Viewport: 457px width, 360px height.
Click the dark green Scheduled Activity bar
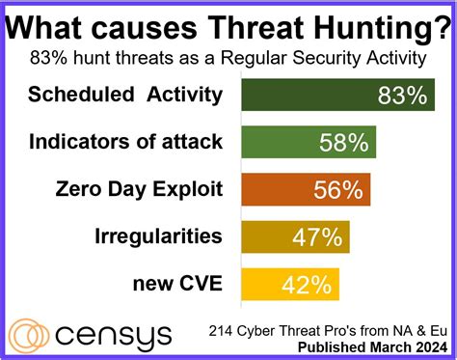pyautogui.click(x=337, y=96)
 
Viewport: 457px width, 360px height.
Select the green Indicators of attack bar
pyautogui.click(x=308, y=143)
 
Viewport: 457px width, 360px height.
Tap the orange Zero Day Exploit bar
pyautogui.click(x=305, y=190)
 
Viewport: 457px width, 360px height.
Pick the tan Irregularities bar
pyautogui.click(x=294, y=237)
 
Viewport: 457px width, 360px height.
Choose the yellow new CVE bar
pyautogui.click(x=289, y=284)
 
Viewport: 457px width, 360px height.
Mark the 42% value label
pyautogui.click(x=308, y=285)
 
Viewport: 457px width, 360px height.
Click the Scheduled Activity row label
pyautogui.click(x=125, y=95)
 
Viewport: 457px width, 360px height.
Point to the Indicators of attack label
pyautogui.click(x=125, y=142)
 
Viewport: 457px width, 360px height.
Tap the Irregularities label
pyautogui.click(x=159, y=236)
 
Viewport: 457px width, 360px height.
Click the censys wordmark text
pyautogui.click(x=115, y=335)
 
